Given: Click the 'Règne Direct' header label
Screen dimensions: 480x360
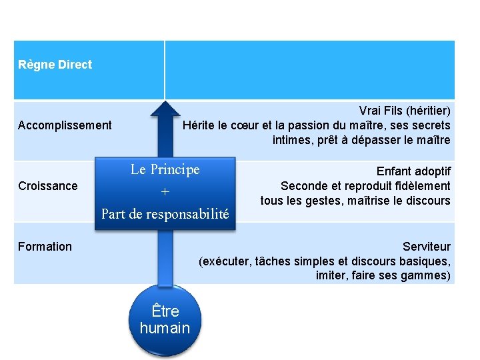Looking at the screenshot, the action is (x=55, y=65).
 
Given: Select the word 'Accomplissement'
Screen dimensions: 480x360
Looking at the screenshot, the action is (x=65, y=125).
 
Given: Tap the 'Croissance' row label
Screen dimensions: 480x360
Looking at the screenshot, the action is (x=47, y=186).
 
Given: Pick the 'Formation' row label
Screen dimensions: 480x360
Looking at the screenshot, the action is (x=45, y=247).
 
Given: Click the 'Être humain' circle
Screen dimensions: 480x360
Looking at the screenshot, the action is (x=165, y=319).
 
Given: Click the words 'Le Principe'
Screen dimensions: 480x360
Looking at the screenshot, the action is (x=165, y=169).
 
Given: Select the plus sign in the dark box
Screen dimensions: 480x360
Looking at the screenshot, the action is (x=165, y=192).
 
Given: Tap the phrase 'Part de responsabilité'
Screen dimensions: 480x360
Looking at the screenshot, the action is (x=165, y=214).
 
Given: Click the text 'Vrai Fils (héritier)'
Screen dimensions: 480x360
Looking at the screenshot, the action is (x=405, y=110).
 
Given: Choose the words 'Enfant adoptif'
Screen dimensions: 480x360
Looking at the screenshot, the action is (x=413, y=171).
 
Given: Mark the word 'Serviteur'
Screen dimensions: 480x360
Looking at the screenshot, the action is (x=427, y=247).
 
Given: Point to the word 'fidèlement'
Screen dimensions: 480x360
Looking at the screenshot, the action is (x=425, y=186).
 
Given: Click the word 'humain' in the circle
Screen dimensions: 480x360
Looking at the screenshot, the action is (x=165, y=328).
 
